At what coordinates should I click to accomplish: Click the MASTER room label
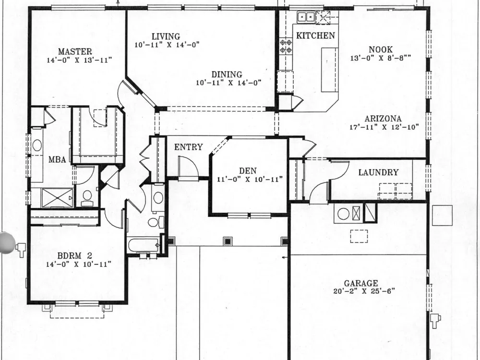tap(75, 51)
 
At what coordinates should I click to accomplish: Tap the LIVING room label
tap(166, 36)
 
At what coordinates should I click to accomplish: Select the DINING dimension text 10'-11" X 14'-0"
tap(228, 83)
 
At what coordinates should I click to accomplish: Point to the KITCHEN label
tap(316, 36)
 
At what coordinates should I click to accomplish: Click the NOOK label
tap(381, 49)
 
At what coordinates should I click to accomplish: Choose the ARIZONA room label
tap(383, 119)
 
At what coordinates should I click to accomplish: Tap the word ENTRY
tap(189, 147)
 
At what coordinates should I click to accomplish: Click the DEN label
tap(248, 171)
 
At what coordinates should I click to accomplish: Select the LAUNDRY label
tap(378, 172)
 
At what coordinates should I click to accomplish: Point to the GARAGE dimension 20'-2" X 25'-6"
tap(364, 291)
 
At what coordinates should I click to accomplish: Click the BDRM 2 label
tap(75, 256)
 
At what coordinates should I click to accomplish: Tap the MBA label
tap(57, 159)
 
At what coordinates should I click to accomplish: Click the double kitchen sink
tap(306, 16)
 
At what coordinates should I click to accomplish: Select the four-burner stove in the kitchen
tap(286, 46)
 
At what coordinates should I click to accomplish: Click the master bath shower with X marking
tap(57, 198)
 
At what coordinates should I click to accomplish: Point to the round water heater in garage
tap(343, 214)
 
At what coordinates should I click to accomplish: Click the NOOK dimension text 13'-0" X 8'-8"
tap(381, 58)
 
